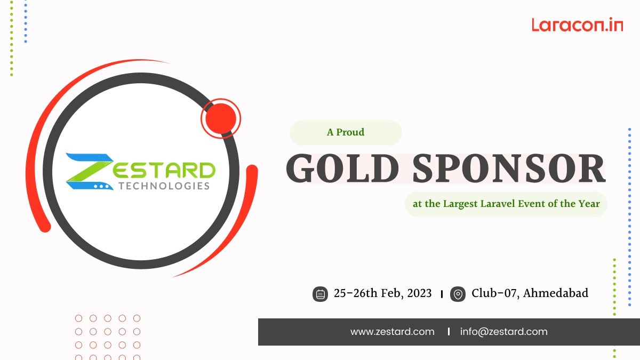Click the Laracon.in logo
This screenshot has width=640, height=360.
click(577, 25)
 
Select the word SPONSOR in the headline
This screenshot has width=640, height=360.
click(509, 170)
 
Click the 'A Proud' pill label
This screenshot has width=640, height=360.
click(346, 133)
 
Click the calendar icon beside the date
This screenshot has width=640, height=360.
click(320, 294)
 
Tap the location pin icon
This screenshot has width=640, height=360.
click(458, 294)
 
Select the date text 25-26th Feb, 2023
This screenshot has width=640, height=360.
click(382, 293)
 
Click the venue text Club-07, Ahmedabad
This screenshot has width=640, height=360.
click(530, 293)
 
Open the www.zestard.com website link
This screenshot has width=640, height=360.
click(392, 332)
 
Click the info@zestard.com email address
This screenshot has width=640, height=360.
click(503, 332)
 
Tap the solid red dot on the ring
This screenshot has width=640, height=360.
click(220, 117)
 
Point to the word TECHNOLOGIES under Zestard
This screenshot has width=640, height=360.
click(164, 186)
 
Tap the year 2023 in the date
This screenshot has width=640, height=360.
click(419, 293)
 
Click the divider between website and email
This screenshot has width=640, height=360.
click(448, 332)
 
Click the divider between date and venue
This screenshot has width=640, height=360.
click(442, 294)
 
